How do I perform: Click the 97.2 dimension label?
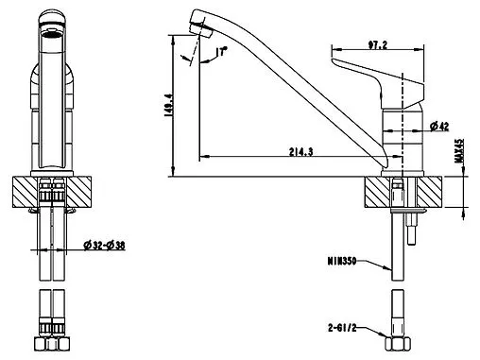(377, 45)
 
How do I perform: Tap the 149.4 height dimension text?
(168, 106)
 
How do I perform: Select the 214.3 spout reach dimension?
(301, 152)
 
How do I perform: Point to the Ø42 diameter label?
(439, 127)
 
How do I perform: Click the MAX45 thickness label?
(459, 150)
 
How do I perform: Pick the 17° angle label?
(222, 51)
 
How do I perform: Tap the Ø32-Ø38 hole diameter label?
(104, 245)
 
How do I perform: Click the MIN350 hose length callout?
(342, 261)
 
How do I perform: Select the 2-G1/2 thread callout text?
(342, 328)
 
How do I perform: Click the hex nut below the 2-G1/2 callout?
(398, 343)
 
